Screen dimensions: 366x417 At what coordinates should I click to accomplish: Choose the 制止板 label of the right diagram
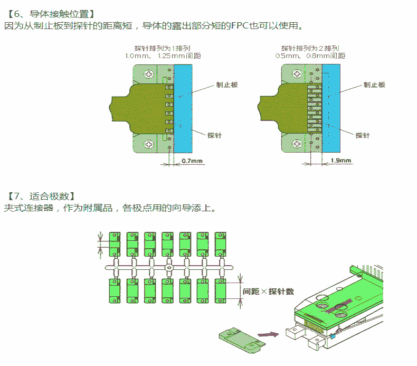374,85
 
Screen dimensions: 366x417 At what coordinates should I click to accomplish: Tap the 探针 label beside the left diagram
214,135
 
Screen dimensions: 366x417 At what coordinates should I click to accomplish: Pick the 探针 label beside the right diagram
363,135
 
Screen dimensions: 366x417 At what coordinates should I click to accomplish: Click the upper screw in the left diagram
150,74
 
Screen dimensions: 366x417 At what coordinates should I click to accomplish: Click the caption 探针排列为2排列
310,48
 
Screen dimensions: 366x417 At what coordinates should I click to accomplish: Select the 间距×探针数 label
268,292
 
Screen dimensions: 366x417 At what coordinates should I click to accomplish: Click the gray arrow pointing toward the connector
269,334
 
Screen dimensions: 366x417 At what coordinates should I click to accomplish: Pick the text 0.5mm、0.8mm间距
310,55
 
